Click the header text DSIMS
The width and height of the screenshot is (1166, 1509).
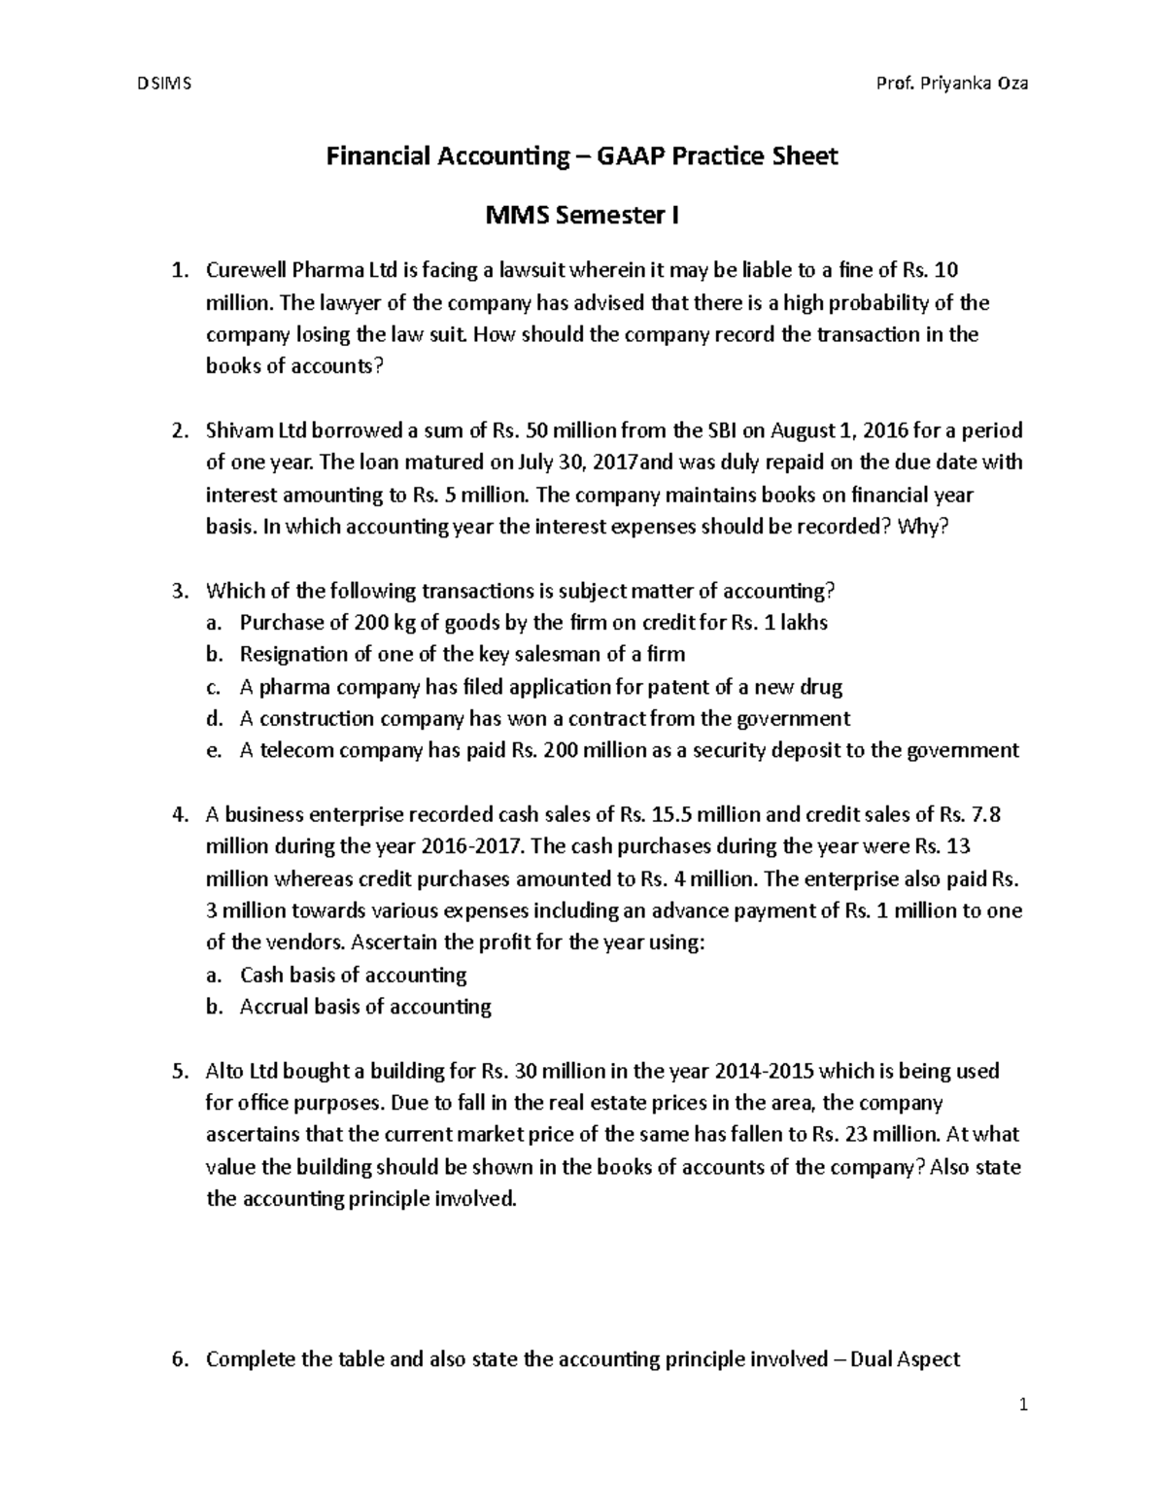coord(164,83)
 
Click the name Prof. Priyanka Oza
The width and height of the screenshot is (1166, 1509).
coord(952,83)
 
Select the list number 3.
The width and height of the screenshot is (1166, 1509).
coord(177,591)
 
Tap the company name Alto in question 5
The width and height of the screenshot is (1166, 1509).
coord(225,1071)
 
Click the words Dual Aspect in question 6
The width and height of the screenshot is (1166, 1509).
coord(905,1358)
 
